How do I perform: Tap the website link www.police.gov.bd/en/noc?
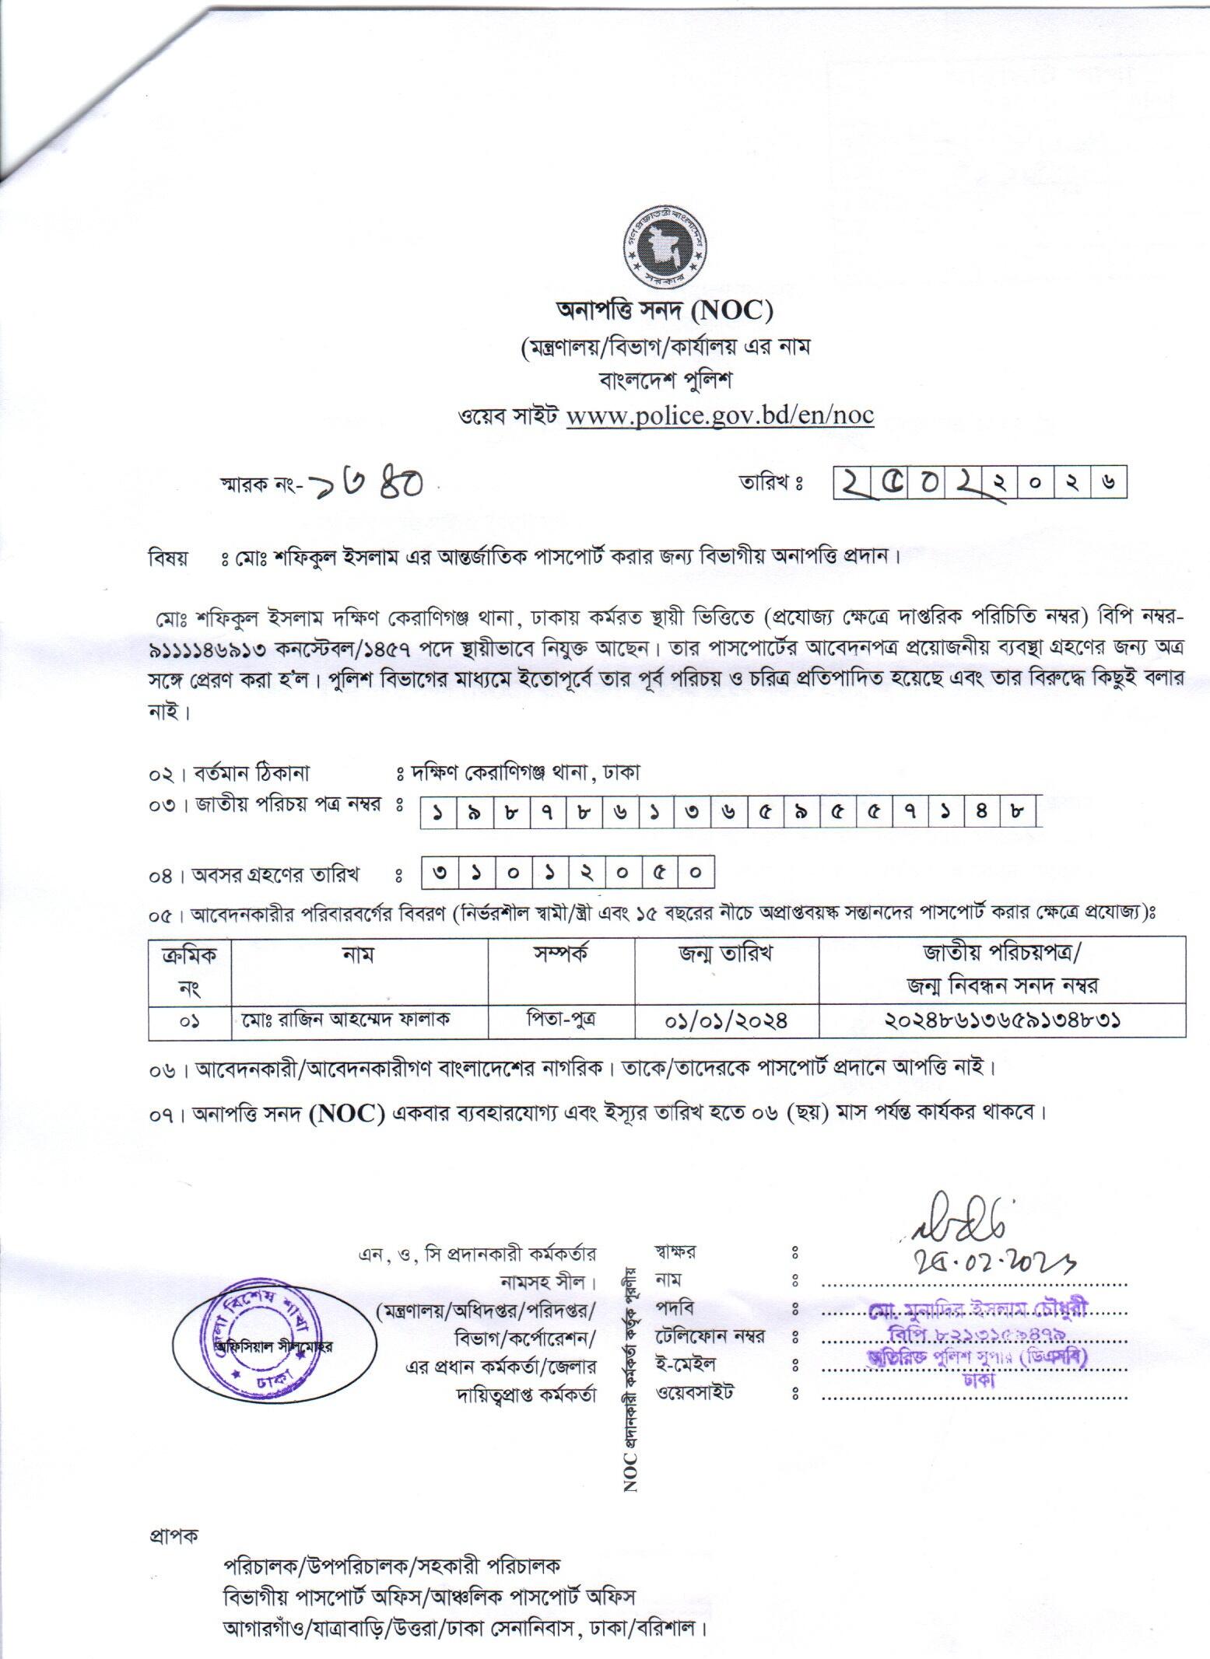720,415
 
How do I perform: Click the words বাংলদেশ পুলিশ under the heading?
664,381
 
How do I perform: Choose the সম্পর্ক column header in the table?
561,954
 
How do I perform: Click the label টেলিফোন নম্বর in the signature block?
710,1336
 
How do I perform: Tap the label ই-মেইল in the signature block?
686,1364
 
